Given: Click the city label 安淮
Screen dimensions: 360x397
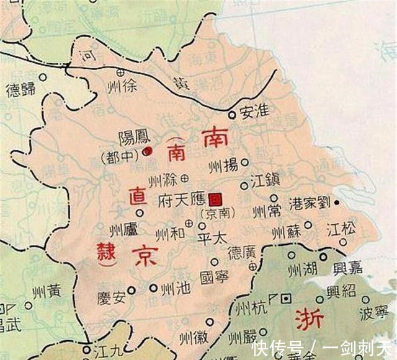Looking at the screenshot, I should point(255,112).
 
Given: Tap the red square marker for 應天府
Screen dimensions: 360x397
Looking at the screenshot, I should point(215,199).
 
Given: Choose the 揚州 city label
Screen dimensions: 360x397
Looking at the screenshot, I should point(223,165).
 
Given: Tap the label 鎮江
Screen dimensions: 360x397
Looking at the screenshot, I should point(266,181).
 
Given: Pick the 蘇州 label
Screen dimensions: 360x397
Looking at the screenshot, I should point(286,233).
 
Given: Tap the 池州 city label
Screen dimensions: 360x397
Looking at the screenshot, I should point(174,289).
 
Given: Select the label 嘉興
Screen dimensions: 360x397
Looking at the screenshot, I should point(348,268).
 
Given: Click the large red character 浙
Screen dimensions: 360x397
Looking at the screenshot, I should point(308,317).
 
